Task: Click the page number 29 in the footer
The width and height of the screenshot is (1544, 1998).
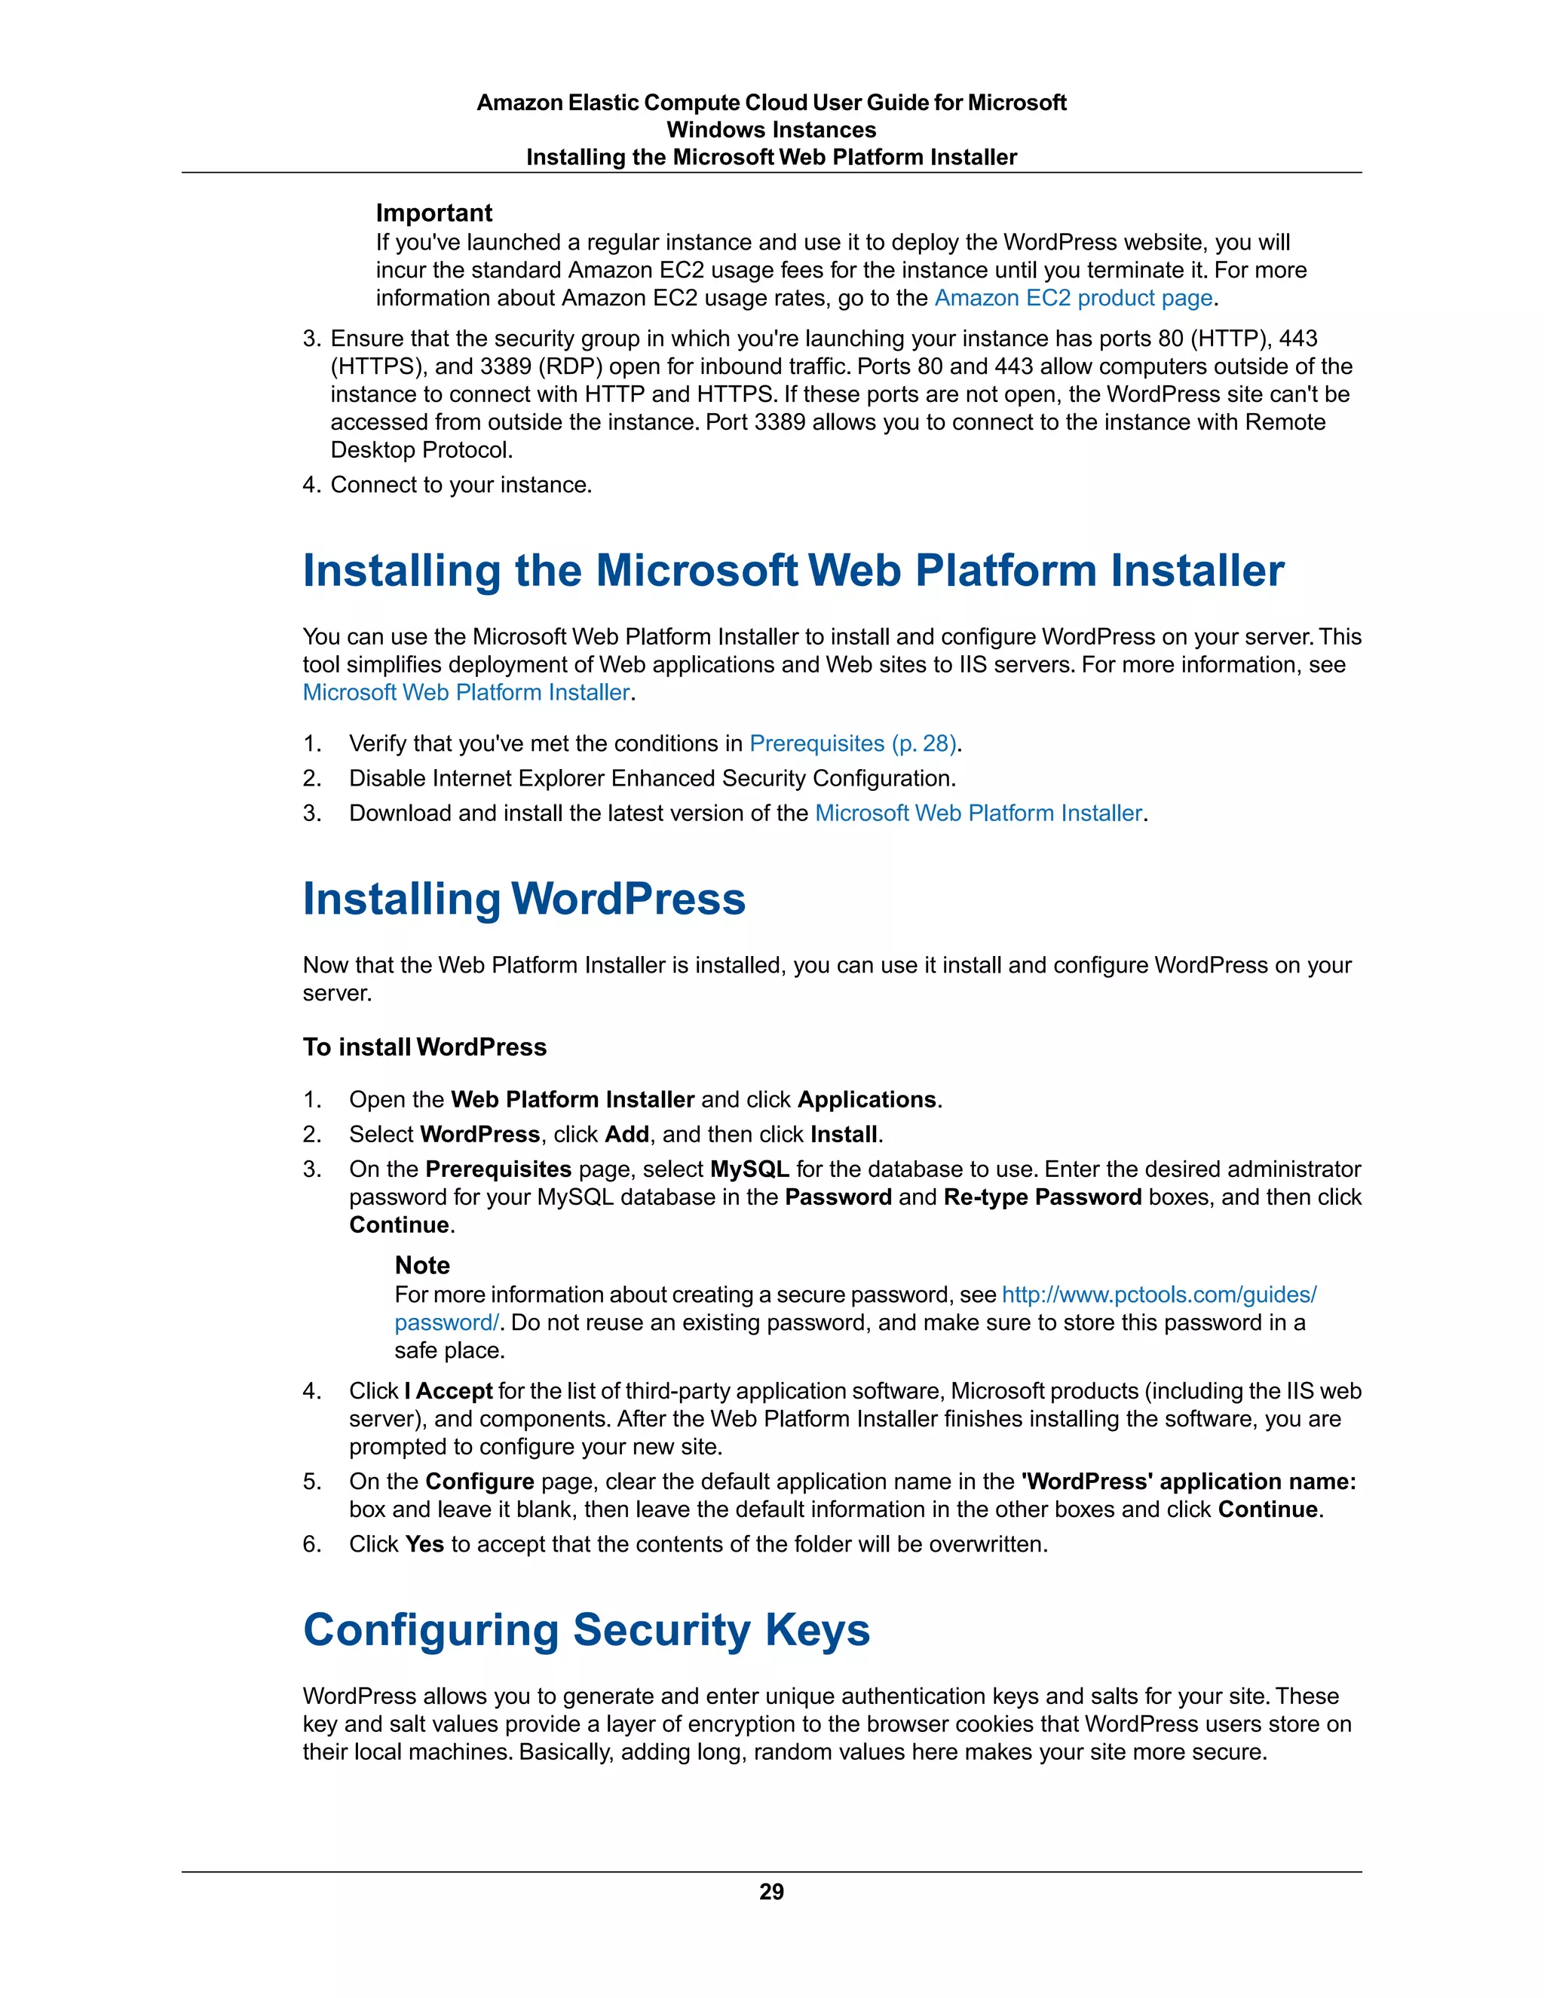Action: tap(771, 1891)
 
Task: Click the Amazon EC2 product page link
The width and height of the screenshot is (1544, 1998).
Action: tap(1073, 299)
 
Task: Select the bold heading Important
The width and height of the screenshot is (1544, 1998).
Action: tap(433, 213)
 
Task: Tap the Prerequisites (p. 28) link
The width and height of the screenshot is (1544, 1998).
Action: tap(853, 743)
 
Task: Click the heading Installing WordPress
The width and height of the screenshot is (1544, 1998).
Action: tap(524, 899)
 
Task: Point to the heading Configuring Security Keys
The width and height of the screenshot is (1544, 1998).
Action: tap(587, 1629)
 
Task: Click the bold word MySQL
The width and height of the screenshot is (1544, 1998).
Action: tap(749, 1169)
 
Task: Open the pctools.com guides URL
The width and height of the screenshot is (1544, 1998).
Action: tap(1159, 1295)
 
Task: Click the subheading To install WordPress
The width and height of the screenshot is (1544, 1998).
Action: tap(424, 1047)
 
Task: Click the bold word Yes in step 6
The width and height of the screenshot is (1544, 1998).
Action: tap(424, 1544)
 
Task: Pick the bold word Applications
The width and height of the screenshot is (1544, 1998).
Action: tap(866, 1099)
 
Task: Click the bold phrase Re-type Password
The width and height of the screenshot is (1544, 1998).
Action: tap(1042, 1197)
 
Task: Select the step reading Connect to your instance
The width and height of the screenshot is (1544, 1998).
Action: tap(461, 485)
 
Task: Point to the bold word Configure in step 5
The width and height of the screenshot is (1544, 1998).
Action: tap(479, 1482)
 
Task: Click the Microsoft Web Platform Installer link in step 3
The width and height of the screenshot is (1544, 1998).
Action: tap(978, 814)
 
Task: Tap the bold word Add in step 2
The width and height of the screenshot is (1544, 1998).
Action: tap(626, 1135)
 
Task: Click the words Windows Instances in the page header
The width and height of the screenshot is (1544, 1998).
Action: tap(771, 130)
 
